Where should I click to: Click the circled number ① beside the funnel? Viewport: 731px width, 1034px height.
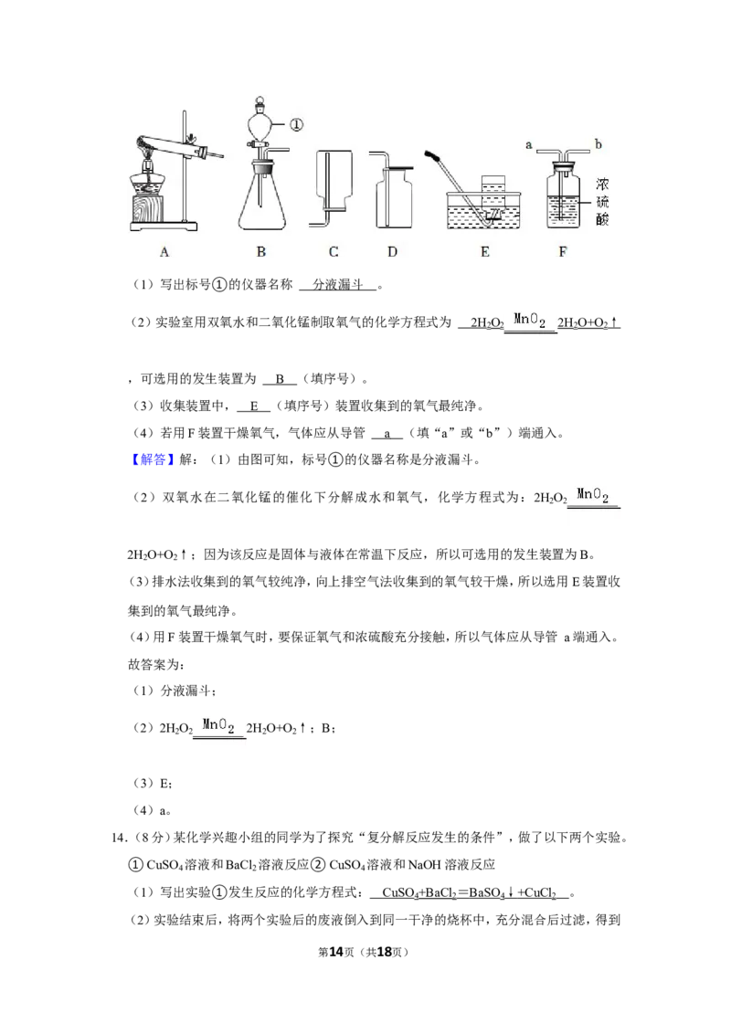296,124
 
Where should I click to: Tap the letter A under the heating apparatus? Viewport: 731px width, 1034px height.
164,251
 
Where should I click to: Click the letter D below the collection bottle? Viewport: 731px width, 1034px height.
393,251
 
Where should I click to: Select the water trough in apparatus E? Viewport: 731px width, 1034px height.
484,210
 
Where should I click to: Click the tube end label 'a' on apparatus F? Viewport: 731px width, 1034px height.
528,144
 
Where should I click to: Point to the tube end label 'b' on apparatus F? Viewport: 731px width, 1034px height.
599,143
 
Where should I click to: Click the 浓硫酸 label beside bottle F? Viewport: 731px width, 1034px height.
602,202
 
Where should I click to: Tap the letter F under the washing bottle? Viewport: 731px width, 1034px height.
563,251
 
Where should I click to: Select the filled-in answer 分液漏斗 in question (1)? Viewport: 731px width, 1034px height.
338,284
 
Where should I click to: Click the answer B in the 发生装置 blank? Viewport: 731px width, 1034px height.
280,378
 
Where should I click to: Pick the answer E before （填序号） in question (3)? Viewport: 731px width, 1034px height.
255,406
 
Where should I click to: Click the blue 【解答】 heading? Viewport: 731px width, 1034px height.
152,459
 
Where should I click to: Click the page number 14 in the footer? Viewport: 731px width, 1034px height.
336,952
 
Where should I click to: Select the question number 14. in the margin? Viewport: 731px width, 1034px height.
119,838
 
